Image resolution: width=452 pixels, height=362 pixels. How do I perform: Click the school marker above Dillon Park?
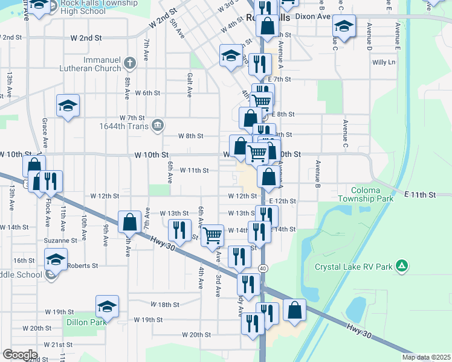click(107, 306)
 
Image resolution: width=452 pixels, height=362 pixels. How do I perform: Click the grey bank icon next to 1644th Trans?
click(158, 125)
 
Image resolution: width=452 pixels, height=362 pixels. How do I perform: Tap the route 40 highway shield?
click(263, 267)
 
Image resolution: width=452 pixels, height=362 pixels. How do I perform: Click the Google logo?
click(20, 354)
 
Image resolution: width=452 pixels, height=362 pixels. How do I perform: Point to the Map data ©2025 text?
click(425, 357)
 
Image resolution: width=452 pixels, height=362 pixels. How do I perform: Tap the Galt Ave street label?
click(189, 84)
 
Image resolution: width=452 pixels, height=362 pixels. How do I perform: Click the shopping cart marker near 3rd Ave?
click(212, 234)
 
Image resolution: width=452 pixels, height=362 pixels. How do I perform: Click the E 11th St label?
click(420, 194)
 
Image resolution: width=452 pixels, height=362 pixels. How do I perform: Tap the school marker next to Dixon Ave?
click(344, 26)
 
